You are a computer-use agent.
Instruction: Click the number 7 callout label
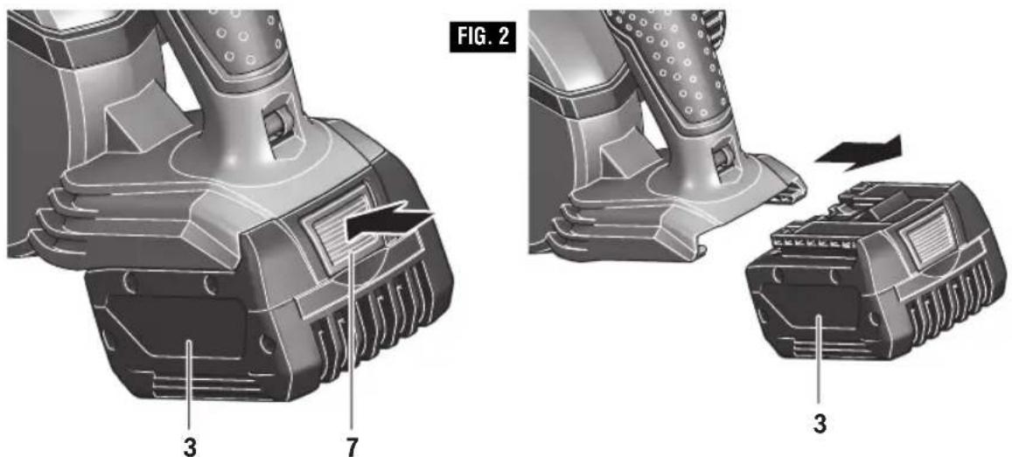[x=352, y=446]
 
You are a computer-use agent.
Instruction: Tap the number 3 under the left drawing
[x=189, y=446]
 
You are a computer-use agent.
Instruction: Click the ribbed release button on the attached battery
[x=336, y=232]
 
